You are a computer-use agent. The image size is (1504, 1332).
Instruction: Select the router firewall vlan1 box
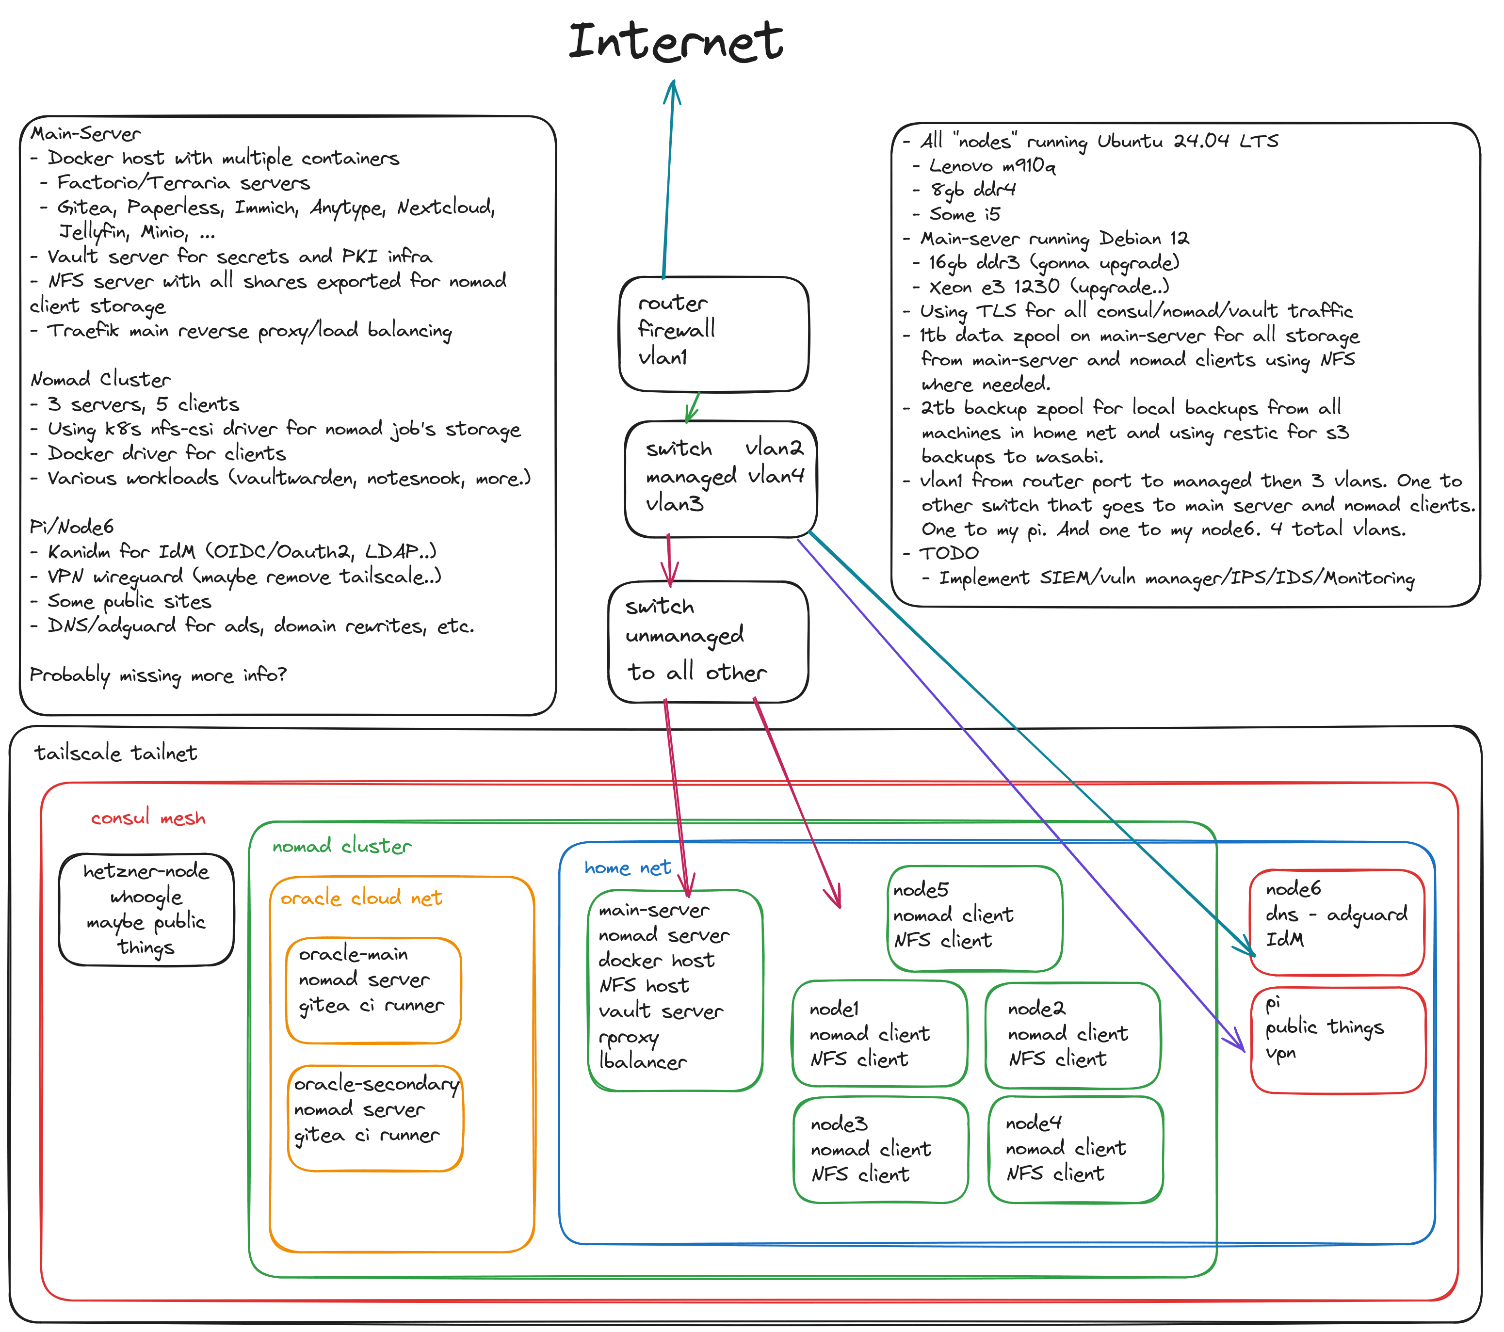(x=714, y=335)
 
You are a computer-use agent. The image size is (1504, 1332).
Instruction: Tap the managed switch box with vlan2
(x=721, y=479)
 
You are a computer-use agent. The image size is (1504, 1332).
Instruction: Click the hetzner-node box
(x=146, y=909)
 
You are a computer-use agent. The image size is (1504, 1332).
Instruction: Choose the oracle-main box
(x=373, y=990)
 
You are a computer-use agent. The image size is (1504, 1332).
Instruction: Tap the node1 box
(x=879, y=1033)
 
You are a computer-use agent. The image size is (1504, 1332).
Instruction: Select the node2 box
(x=1072, y=1035)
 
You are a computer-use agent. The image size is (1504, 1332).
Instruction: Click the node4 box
(x=1075, y=1149)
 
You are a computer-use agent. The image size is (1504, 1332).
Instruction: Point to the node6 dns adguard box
(x=1336, y=922)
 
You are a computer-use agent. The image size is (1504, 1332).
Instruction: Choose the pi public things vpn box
(x=1338, y=1039)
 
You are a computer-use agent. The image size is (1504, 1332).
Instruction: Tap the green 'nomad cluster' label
(x=341, y=846)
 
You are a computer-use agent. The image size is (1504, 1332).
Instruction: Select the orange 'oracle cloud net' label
(x=361, y=898)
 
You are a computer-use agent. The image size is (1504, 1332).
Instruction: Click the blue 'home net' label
(x=627, y=868)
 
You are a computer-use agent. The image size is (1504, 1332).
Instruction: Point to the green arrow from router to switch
(x=693, y=407)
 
